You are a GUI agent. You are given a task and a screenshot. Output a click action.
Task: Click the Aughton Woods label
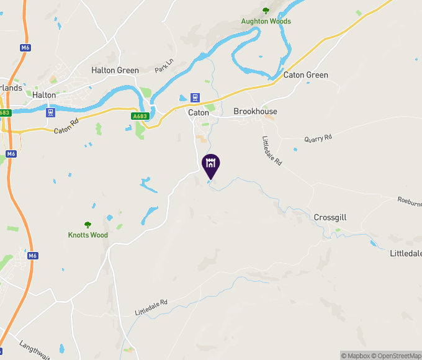(x=266, y=21)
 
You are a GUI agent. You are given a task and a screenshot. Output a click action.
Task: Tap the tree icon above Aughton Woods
(x=266, y=11)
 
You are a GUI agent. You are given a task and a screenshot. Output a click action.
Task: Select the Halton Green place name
(x=115, y=70)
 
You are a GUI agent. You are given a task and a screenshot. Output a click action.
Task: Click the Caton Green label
(x=305, y=75)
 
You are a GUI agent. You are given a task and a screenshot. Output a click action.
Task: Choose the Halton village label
(x=44, y=95)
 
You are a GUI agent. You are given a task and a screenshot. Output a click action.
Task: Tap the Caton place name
(x=199, y=112)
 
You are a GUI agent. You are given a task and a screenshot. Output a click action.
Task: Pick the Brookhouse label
(x=255, y=112)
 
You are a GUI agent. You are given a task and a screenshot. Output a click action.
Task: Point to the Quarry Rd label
(x=318, y=138)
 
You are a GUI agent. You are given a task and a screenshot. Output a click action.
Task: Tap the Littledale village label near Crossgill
(x=406, y=253)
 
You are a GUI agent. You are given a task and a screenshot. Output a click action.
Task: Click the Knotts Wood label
(x=88, y=235)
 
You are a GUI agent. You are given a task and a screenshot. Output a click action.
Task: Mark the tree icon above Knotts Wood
(x=88, y=225)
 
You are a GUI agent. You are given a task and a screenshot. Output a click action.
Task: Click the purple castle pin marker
(x=211, y=165)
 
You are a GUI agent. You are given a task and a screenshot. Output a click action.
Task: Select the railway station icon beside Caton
(x=195, y=97)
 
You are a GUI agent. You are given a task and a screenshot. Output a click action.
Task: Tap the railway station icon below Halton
(x=50, y=112)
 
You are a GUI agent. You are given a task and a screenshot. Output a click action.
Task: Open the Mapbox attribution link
(x=356, y=356)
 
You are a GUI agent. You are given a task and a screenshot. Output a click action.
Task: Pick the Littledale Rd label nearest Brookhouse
(x=272, y=151)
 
